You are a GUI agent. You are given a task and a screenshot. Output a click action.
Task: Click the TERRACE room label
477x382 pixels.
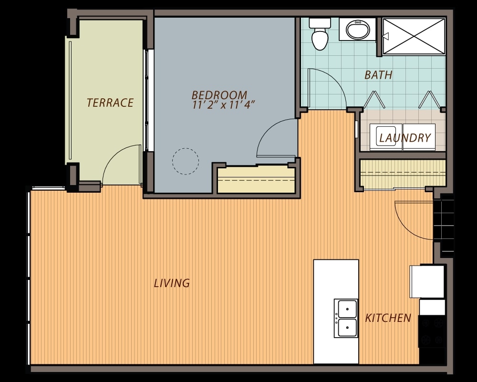(110, 103)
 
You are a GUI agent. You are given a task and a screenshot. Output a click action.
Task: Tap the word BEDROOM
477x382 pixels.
(219, 95)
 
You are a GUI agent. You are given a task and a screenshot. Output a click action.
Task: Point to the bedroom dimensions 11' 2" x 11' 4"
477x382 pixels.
(223, 105)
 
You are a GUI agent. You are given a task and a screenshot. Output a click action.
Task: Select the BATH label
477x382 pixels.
(378, 75)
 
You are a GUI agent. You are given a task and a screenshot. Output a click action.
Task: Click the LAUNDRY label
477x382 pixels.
(405, 138)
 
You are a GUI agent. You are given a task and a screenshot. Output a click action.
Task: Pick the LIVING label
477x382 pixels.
(172, 283)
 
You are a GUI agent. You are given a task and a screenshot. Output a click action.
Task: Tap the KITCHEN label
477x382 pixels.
(388, 318)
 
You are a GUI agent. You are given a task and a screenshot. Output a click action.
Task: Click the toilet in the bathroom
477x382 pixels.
(320, 33)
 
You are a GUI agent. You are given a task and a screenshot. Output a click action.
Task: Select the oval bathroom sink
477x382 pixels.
(358, 30)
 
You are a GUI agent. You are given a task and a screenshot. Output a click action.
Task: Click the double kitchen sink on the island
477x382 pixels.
(346, 318)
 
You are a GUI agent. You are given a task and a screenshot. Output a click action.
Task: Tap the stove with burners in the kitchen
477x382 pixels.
(431, 331)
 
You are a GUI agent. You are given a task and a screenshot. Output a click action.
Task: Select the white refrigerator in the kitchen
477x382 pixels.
(427, 281)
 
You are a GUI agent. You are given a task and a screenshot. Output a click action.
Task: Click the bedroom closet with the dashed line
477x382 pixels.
(257, 179)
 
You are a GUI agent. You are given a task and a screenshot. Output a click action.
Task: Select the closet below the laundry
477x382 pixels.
(403, 174)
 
